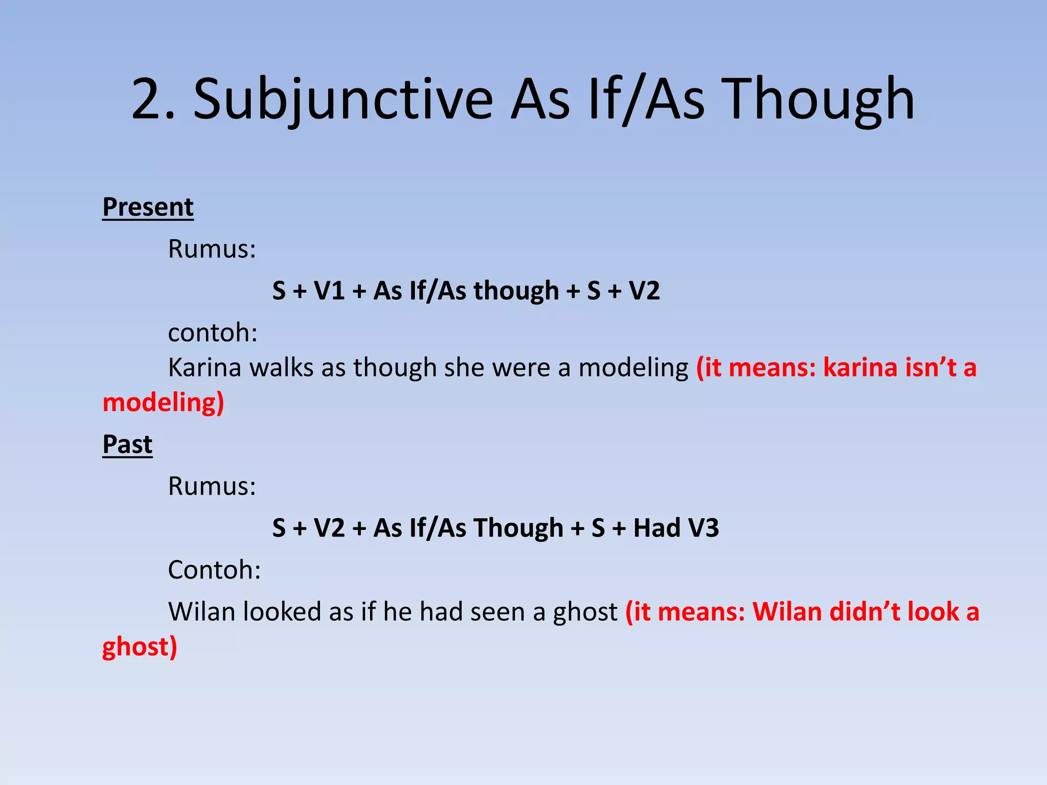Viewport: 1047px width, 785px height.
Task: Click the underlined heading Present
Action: (148, 207)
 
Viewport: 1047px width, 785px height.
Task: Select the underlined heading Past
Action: (127, 444)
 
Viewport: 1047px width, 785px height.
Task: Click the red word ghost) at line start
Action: (140, 647)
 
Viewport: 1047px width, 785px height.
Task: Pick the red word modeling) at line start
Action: (163, 402)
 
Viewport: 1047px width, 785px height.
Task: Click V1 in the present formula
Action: (329, 291)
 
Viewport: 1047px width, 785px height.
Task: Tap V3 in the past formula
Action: (703, 528)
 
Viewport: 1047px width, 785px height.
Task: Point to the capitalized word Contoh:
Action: (214, 570)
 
